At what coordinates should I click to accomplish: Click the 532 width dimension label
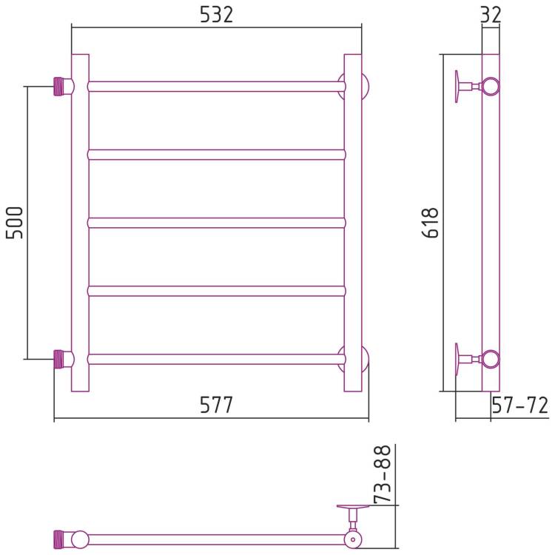pos(217,15)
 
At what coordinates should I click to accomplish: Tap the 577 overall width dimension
pos(217,405)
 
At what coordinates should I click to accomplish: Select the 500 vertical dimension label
pos(15,223)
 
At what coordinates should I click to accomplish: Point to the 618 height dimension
pos(431,223)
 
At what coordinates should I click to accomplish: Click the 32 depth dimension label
pos(491,15)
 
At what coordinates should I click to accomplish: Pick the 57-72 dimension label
pos(520,406)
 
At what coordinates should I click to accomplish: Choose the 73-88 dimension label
pos(383,474)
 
